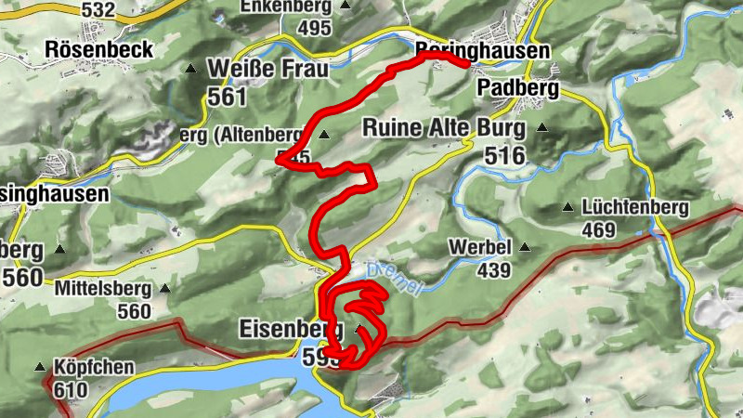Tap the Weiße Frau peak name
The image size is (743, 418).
[x=268, y=69]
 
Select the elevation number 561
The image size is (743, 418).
[x=227, y=97]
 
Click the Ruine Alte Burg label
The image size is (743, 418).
[x=444, y=127]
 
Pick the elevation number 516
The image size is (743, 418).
[x=504, y=155]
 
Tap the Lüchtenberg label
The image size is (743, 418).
[x=635, y=207]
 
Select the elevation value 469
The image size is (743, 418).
[x=600, y=229]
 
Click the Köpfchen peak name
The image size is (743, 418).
[x=95, y=367]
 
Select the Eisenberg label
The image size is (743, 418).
[x=290, y=329]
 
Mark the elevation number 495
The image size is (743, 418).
[x=314, y=27]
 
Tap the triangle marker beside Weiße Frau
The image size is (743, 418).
[x=191, y=69]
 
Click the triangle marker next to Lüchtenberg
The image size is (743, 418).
[x=568, y=207]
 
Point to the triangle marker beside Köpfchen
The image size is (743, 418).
[x=40, y=367]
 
